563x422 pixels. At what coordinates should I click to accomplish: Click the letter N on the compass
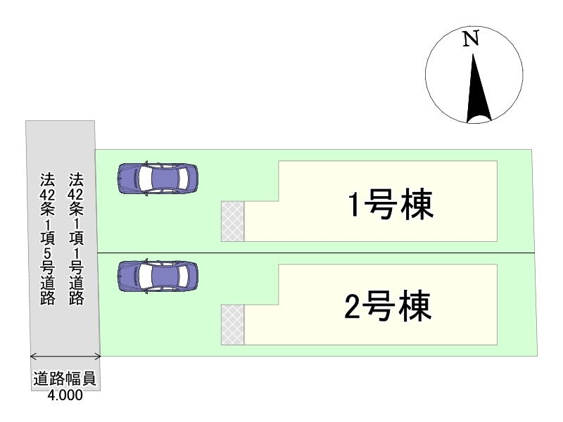tap(472, 39)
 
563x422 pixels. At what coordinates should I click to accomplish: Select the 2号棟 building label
tap(389, 306)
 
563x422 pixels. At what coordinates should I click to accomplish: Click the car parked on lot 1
tap(158, 179)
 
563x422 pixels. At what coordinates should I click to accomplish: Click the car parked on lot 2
tap(158, 276)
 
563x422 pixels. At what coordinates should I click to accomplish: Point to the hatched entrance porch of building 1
tap(233, 221)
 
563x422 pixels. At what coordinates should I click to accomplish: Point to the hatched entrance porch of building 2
tap(233, 325)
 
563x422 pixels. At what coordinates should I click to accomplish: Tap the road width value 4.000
tap(65, 396)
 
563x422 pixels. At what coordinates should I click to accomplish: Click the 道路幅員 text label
tap(65, 381)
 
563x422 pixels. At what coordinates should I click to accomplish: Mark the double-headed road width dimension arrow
tap(65, 356)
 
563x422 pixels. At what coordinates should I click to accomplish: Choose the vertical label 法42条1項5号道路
tap(48, 239)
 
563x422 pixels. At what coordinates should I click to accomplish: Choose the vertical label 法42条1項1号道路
tap(77, 239)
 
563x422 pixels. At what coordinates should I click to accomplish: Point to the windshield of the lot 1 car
tap(181, 179)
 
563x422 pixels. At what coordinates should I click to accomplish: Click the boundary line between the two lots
tap(317, 252)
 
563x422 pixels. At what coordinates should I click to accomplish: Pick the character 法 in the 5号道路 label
tap(48, 179)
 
